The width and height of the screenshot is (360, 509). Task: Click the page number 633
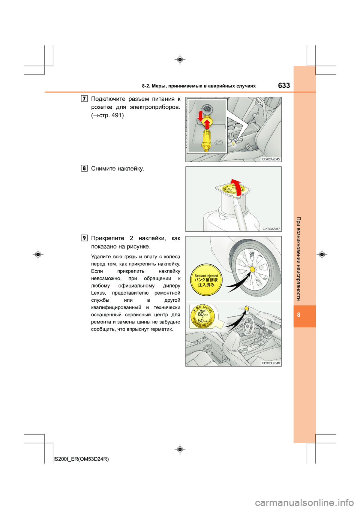[x=284, y=85]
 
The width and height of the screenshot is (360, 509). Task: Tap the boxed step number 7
[x=84, y=99]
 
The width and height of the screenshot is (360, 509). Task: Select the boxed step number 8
[x=84, y=168]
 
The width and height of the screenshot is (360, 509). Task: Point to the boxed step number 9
[x=84, y=238]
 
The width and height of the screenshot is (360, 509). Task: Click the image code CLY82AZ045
[x=270, y=159]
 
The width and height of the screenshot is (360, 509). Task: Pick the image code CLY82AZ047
[x=271, y=229]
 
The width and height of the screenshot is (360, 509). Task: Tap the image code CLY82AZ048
[x=270, y=363]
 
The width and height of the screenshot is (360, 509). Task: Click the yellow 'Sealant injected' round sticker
[x=206, y=280]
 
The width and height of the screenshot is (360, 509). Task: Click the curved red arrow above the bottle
[x=236, y=186]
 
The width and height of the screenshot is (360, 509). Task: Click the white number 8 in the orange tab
[x=298, y=315]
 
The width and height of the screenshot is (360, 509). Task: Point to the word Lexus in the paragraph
[x=98, y=293]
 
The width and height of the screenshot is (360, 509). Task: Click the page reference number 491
[x=116, y=115]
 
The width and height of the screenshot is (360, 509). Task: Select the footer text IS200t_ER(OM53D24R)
[x=81, y=459]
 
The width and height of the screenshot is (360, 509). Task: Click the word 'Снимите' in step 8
[x=103, y=169]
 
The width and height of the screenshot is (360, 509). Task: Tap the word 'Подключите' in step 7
[x=108, y=99]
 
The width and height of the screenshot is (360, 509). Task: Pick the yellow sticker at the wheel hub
[x=252, y=269]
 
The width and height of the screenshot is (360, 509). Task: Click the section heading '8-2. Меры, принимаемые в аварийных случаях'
[x=199, y=86]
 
